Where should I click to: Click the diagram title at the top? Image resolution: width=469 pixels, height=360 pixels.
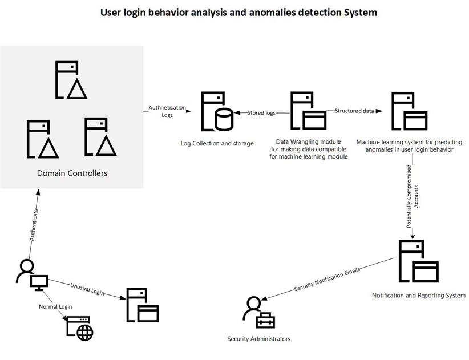coord(238,12)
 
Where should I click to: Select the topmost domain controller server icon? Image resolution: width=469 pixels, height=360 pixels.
coord(71,80)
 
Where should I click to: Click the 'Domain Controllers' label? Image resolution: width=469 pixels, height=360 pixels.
coord(72,173)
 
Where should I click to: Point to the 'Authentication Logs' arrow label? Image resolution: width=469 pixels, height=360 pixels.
coord(167,111)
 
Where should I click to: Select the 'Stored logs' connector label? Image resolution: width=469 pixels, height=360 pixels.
coord(261,113)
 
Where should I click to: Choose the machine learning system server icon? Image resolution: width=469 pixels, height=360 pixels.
coord(409,112)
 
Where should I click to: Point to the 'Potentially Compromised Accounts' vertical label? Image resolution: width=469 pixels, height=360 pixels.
coord(412,197)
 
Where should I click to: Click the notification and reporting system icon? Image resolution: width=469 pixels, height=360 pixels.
coord(418,261)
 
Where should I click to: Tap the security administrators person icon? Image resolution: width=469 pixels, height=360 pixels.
coord(258,313)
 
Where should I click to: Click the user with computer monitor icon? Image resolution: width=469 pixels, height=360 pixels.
coord(32,275)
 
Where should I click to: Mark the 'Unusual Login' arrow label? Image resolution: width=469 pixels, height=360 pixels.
coord(87,288)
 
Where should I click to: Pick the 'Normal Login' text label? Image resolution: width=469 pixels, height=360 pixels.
coord(55,307)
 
